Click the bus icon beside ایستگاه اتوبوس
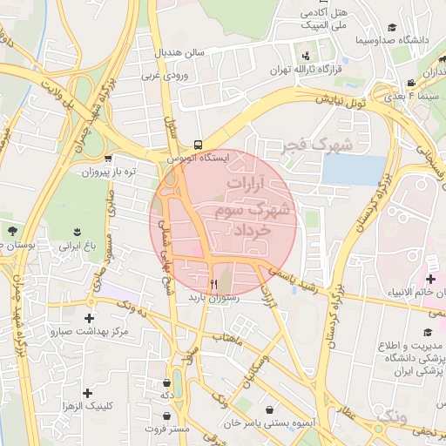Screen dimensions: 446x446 [x=199, y=145]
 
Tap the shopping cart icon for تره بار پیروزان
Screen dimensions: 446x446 [x=107, y=159]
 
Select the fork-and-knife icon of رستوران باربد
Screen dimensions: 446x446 [x=213, y=284]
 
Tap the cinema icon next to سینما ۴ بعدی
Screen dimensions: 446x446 [x=409, y=84]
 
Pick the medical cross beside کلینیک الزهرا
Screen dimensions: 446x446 [x=88, y=393]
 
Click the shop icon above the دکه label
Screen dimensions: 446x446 [x=166, y=382]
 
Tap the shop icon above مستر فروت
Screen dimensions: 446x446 [x=166, y=416]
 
